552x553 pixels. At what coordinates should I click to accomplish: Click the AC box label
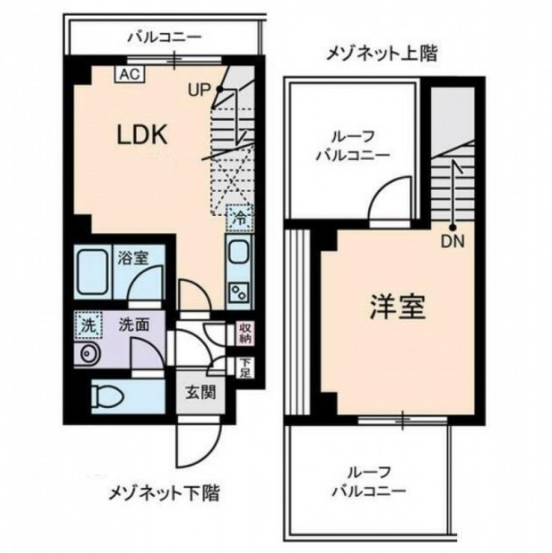pyautogui.click(x=130, y=74)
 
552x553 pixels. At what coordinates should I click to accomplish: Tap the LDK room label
pyautogui.click(x=142, y=136)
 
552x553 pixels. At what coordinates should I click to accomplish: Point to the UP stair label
pyautogui.click(x=200, y=90)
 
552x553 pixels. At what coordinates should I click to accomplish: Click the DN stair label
pyautogui.click(x=453, y=242)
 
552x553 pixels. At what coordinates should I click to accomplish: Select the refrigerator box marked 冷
pyautogui.click(x=239, y=219)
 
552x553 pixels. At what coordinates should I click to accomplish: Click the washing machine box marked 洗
pyautogui.click(x=88, y=325)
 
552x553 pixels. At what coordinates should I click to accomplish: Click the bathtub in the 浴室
pyautogui.click(x=92, y=272)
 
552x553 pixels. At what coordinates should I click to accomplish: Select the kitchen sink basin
pyautogui.click(x=239, y=252)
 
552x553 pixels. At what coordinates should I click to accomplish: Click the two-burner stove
pyautogui.click(x=239, y=291)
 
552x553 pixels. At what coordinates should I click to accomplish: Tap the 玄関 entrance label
pyautogui.click(x=200, y=392)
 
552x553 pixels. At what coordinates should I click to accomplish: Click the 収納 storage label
pyautogui.click(x=245, y=334)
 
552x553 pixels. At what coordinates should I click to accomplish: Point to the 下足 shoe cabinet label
pyautogui.click(x=245, y=368)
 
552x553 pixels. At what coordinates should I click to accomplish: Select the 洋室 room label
pyautogui.click(x=397, y=307)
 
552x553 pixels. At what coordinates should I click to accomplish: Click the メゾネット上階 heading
pyautogui.click(x=382, y=54)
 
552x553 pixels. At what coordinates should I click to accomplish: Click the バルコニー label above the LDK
pyautogui.click(x=164, y=36)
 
